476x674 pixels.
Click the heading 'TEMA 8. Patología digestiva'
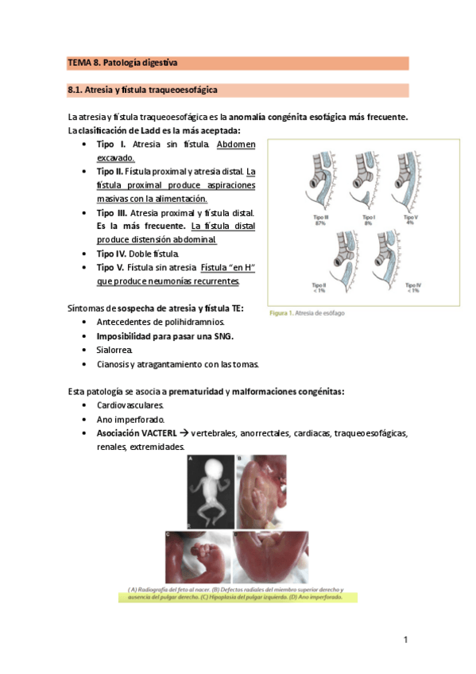click(122, 62)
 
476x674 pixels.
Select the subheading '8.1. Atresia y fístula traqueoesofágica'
click(143, 90)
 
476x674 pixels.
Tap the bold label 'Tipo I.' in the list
click(110, 145)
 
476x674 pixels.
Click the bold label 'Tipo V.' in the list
click(112, 267)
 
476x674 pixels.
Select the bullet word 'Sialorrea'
click(114, 350)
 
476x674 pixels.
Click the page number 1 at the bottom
click(405, 639)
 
